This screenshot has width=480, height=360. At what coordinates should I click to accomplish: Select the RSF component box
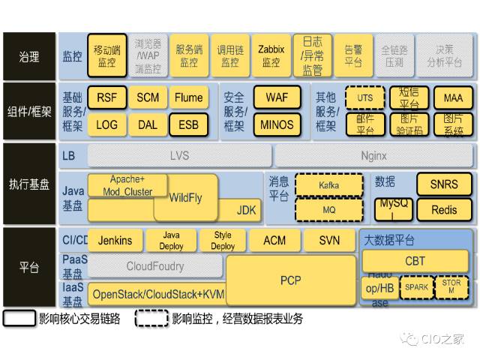[107, 97]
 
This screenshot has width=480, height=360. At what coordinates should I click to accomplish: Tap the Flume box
[189, 97]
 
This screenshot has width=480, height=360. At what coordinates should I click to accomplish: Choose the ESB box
[189, 124]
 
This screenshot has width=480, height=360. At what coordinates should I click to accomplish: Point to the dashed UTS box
[365, 98]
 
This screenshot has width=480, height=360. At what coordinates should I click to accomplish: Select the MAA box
[453, 98]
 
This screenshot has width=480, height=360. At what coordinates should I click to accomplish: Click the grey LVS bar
[179, 156]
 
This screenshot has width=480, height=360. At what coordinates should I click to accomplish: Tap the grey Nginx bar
[373, 156]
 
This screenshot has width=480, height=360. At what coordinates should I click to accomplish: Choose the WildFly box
[185, 199]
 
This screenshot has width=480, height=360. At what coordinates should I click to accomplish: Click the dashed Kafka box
[329, 184]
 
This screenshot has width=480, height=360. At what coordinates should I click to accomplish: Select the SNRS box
[444, 184]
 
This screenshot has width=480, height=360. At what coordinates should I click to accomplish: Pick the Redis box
[444, 210]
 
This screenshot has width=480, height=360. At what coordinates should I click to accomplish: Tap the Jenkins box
[115, 241]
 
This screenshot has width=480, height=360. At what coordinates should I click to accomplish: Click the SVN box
[329, 241]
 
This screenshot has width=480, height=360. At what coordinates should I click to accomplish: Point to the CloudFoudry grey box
[155, 265]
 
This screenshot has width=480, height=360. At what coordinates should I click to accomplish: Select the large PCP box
[290, 280]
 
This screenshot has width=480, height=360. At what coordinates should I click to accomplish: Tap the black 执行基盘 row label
[28, 184]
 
